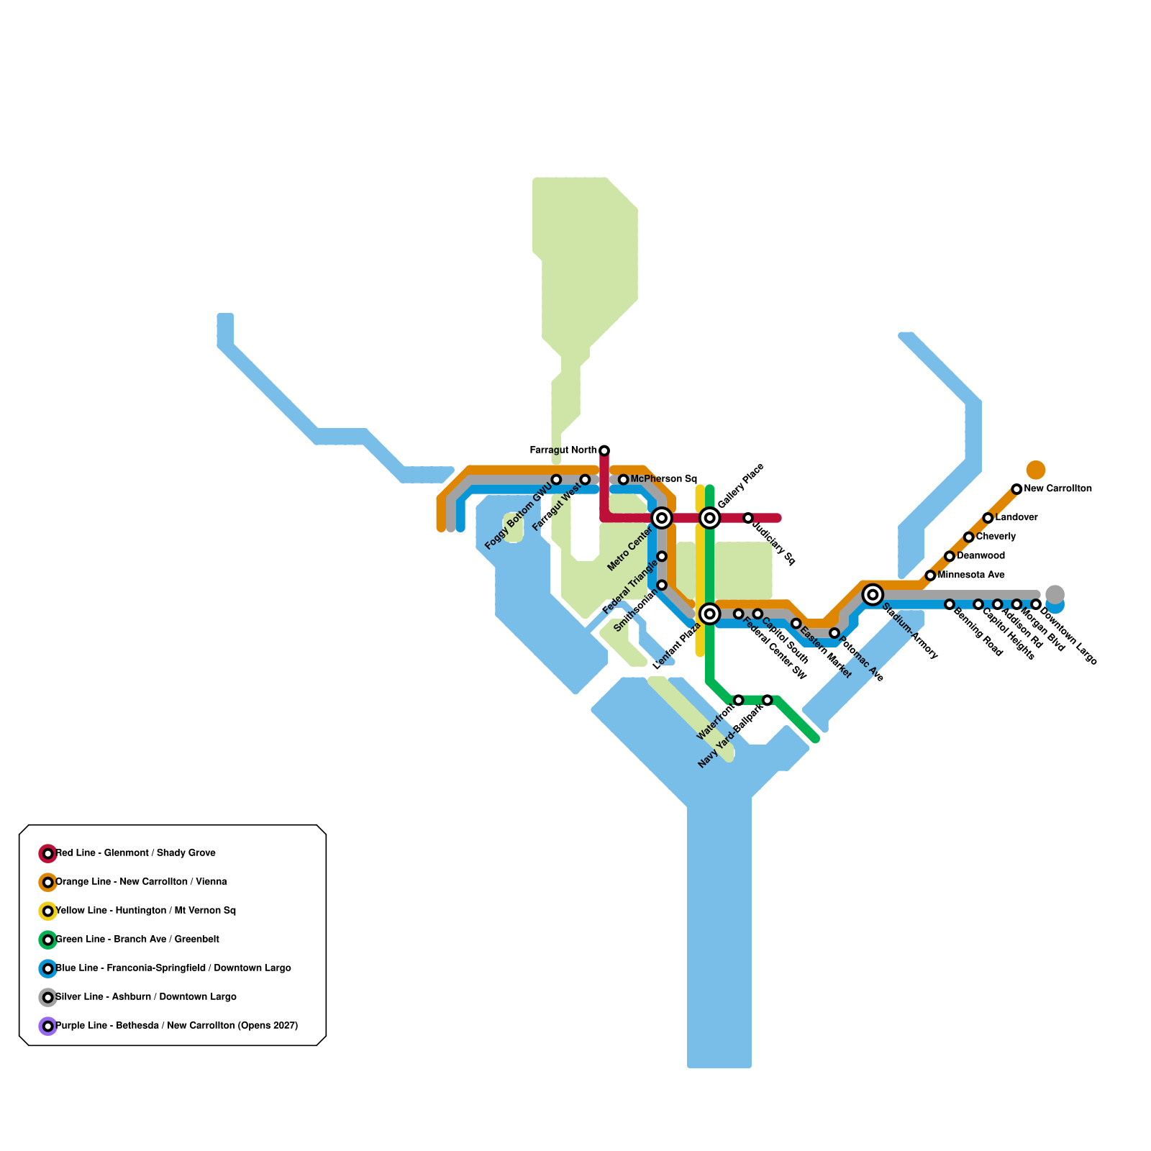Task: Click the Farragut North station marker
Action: coord(604,450)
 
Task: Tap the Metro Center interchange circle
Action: coord(662,518)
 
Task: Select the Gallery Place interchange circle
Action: coord(710,518)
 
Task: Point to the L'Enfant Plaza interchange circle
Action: coord(710,614)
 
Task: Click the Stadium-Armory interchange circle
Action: coord(873,594)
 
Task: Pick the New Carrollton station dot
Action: coord(1016,489)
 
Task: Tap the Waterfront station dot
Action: coord(738,700)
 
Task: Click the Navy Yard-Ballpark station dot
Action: coord(768,700)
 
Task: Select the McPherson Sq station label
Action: coord(663,479)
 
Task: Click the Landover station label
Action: coord(1016,518)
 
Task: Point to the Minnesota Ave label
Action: coord(971,575)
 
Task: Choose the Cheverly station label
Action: coord(996,537)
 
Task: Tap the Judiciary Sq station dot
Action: coord(748,518)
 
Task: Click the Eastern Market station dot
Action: coord(796,623)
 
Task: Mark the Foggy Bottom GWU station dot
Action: coord(556,480)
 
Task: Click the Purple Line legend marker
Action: coord(47,1027)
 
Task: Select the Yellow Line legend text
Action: coord(145,911)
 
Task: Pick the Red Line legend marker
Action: coord(47,854)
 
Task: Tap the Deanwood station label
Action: coord(981,556)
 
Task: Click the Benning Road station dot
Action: coord(950,604)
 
